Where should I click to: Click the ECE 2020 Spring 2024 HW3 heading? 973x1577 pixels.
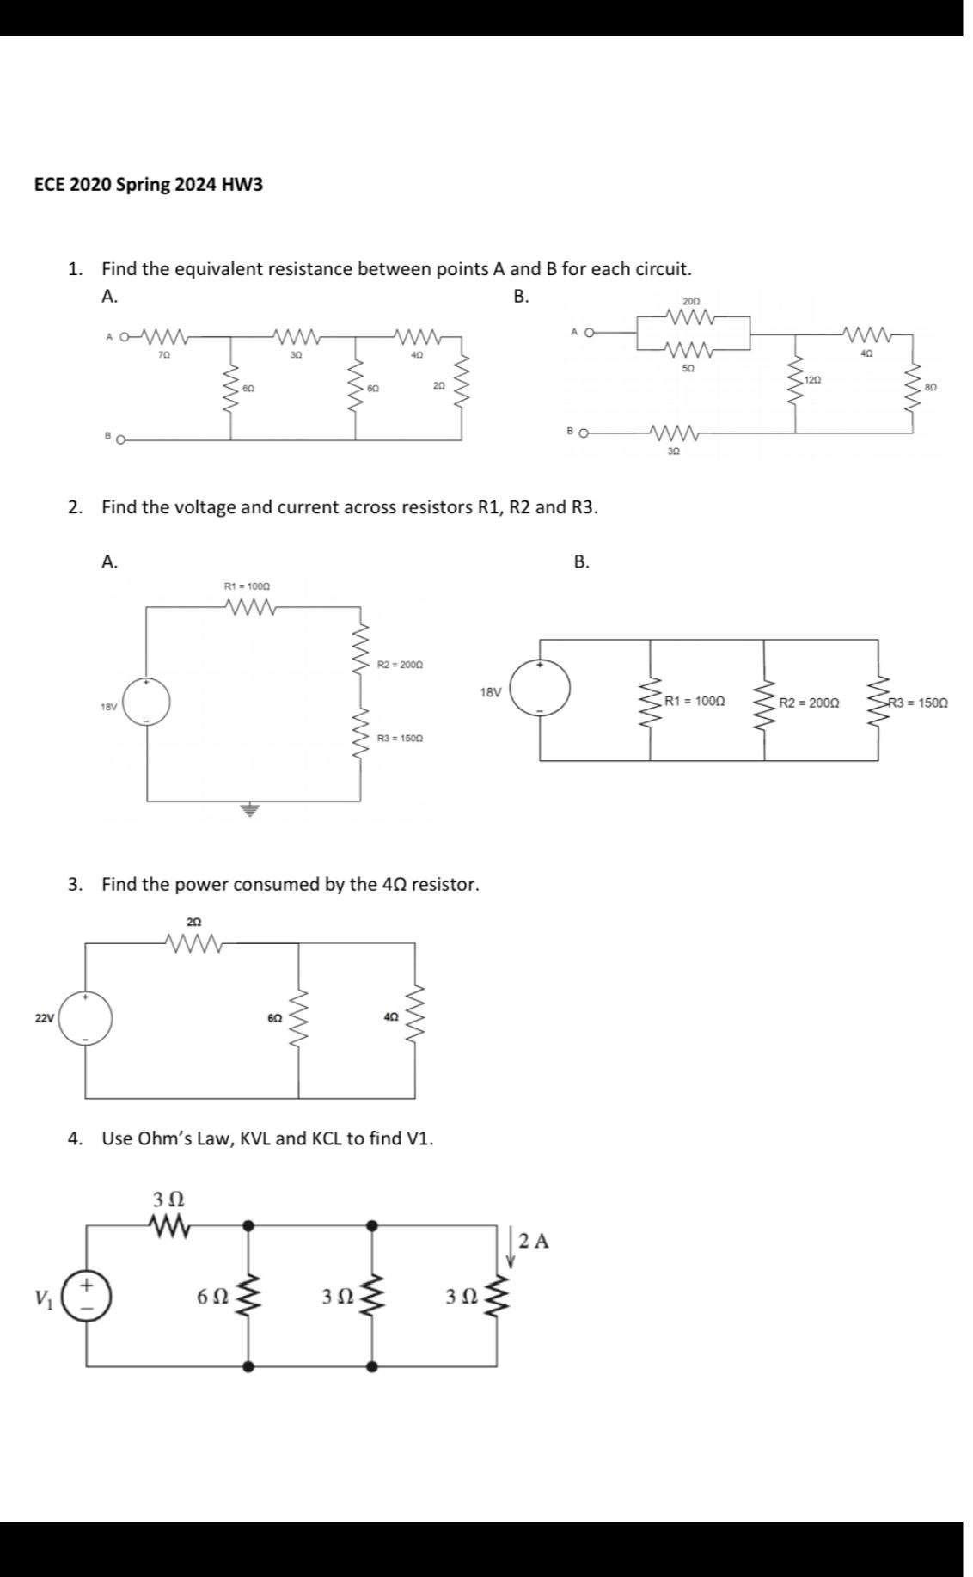coord(149,184)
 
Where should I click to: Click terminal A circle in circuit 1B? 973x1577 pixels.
coord(591,331)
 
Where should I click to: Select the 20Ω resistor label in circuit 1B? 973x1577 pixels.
coord(691,301)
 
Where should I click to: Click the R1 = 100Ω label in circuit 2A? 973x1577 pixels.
coord(247,586)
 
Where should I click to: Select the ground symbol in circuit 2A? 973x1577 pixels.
coord(250,809)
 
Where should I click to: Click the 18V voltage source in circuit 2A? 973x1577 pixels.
coord(145,702)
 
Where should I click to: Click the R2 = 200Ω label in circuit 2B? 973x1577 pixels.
coord(809,703)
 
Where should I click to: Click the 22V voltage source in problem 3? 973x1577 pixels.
coord(85,1018)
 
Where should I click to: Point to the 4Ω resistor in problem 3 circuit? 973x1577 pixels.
coord(415,1017)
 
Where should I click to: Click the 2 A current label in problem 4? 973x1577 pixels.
coord(534,1241)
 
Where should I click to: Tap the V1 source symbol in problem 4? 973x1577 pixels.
coord(86,1292)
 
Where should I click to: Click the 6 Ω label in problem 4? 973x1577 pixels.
coord(212,1296)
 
